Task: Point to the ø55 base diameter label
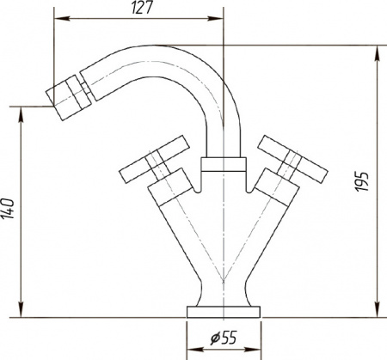(x=224, y=338)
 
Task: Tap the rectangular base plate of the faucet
(x=223, y=310)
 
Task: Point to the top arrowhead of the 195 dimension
(x=378, y=51)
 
